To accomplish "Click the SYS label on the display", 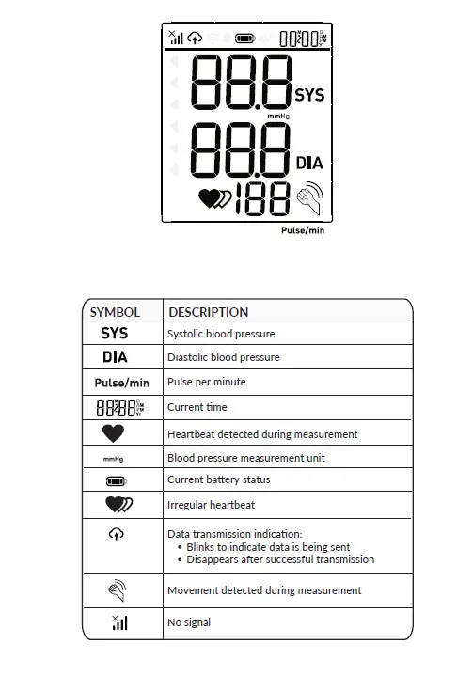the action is tap(309, 95).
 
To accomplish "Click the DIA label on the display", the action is tap(309, 163).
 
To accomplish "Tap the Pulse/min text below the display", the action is tap(303, 230).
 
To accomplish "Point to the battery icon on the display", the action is tap(245, 39).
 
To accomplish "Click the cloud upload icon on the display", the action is tap(195, 39).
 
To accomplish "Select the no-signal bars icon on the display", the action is tap(175, 38).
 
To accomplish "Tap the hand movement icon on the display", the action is tap(309, 198).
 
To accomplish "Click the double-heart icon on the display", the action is tap(214, 198).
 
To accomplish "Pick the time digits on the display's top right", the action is tap(303, 39).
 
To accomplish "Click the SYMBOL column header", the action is tap(115, 312).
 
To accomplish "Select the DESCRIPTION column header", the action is tap(208, 312).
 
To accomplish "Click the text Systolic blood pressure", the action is tap(221, 334).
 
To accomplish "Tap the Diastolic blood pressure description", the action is tap(223, 357).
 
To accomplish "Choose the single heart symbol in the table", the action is tap(114, 434).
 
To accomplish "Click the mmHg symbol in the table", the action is tap(114, 459).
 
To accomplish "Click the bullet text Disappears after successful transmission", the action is tap(280, 559).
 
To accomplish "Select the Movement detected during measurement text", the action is tap(264, 590).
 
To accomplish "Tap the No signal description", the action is tap(189, 622).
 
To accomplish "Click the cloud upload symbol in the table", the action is tap(114, 534).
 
